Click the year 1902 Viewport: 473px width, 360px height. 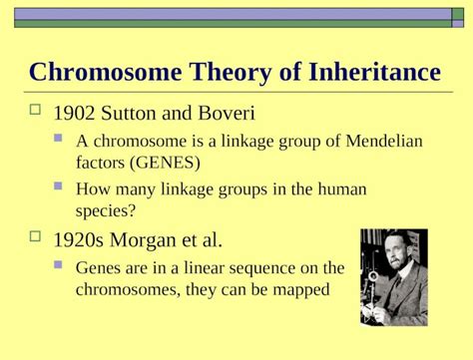pos(74,112)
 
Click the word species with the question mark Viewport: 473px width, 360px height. pos(106,210)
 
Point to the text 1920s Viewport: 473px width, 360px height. pos(78,240)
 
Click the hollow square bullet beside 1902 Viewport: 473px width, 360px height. pos(38,110)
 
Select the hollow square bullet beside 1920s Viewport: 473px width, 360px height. pos(38,237)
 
